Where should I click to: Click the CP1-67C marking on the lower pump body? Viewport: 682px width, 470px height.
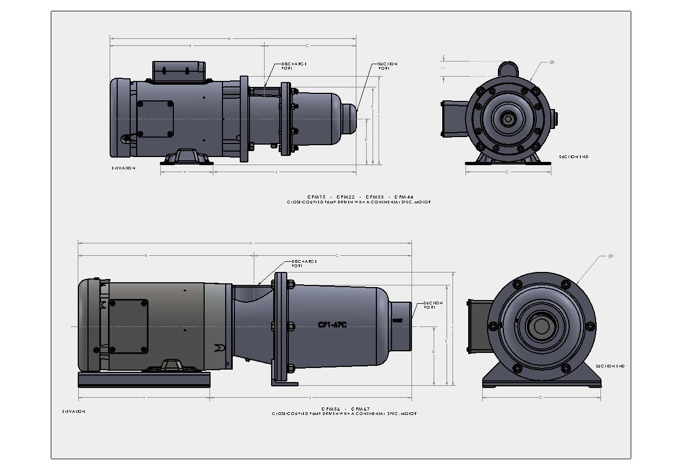[332, 325]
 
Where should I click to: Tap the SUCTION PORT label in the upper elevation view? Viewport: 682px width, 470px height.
[388, 66]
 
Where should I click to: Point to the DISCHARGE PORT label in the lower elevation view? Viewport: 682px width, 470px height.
[304, 263]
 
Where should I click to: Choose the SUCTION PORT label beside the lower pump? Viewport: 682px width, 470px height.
[433, 305]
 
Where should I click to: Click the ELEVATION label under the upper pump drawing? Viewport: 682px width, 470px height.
[124, 168]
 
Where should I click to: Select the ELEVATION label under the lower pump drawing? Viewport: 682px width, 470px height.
[73, 412]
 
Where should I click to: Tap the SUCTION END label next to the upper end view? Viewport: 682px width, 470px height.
[573, 157]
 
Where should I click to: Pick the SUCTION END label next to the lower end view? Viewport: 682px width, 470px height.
[610, 366]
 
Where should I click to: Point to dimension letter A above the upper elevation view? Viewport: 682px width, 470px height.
[229, 39]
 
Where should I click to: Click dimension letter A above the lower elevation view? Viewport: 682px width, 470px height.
[251, 243]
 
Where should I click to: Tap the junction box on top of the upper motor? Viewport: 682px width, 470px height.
[179, 72]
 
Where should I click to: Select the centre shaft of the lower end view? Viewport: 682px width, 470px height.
[541, 326]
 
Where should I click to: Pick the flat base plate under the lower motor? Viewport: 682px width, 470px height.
[144, 379]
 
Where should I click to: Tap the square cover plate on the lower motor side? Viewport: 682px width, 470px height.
[128, 326]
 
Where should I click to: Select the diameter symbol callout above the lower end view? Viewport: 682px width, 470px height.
[611, 256]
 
